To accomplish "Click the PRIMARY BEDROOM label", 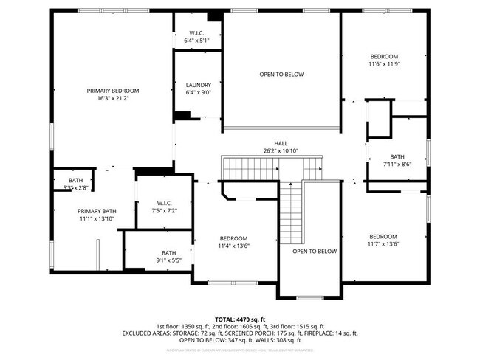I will point(113,91).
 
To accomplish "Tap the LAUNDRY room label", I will point(198,85).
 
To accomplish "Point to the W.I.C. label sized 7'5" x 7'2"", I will point(164,203).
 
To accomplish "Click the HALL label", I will point(281,143).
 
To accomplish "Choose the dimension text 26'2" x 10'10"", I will point(281,150).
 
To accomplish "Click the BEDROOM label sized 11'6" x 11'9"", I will point(384,57).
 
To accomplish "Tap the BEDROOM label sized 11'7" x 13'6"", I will point(384,237).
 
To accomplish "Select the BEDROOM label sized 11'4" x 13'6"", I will point(233,238).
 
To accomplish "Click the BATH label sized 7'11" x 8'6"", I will point(397,156).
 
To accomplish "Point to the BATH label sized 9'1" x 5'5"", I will point(169,253).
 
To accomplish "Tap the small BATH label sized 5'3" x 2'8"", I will point(75,181).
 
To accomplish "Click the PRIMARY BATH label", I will point(98,211).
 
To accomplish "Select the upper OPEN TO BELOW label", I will point(281,74).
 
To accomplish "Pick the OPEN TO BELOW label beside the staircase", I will point(315,252).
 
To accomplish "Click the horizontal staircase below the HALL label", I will point(251,168).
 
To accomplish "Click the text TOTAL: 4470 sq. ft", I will point(240,318).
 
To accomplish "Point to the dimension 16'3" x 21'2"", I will point(113,98).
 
